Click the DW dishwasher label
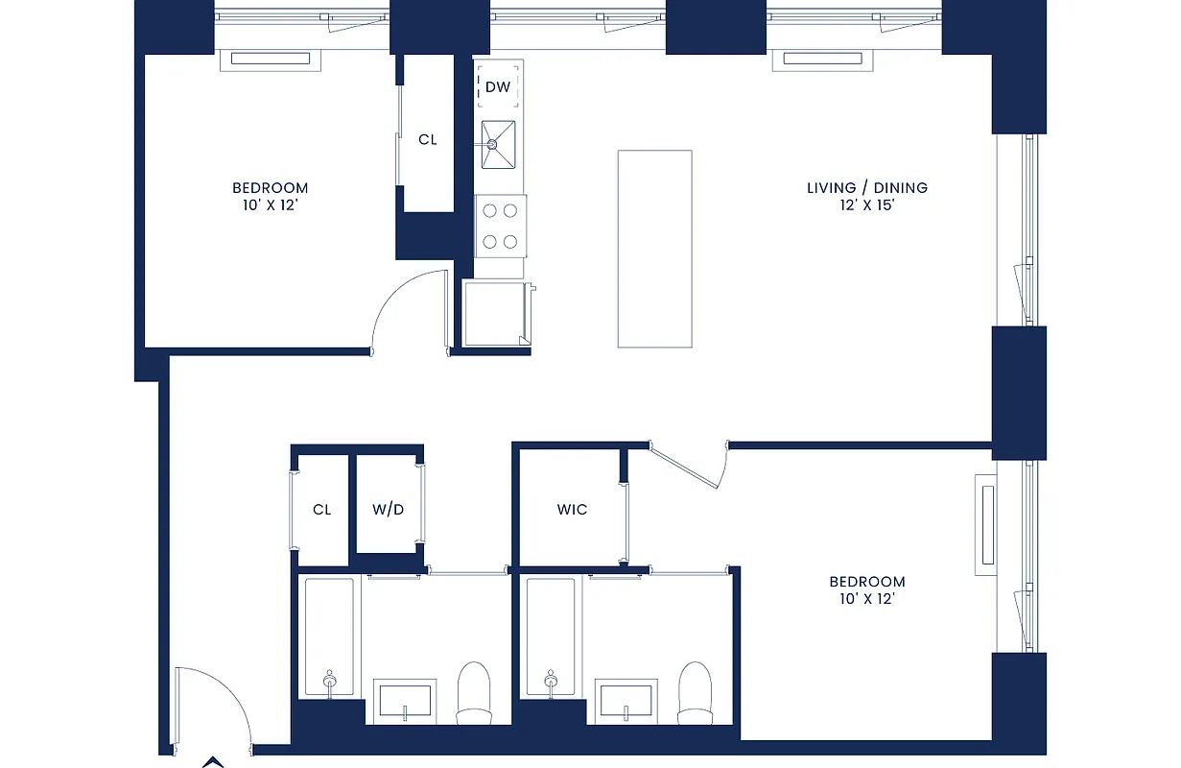(497, 87)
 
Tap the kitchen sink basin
(498, 143)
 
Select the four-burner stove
(501, 227)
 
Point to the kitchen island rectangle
(654, 248)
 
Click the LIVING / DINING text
(866, 188)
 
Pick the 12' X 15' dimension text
(866, 205)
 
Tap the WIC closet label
(572, 509)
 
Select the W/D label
(389, 509)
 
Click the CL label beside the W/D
(321, 509)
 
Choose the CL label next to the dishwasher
(427, 139)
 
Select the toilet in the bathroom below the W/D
(473, 691)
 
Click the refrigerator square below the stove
(494, 312)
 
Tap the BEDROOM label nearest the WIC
(866, 582)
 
